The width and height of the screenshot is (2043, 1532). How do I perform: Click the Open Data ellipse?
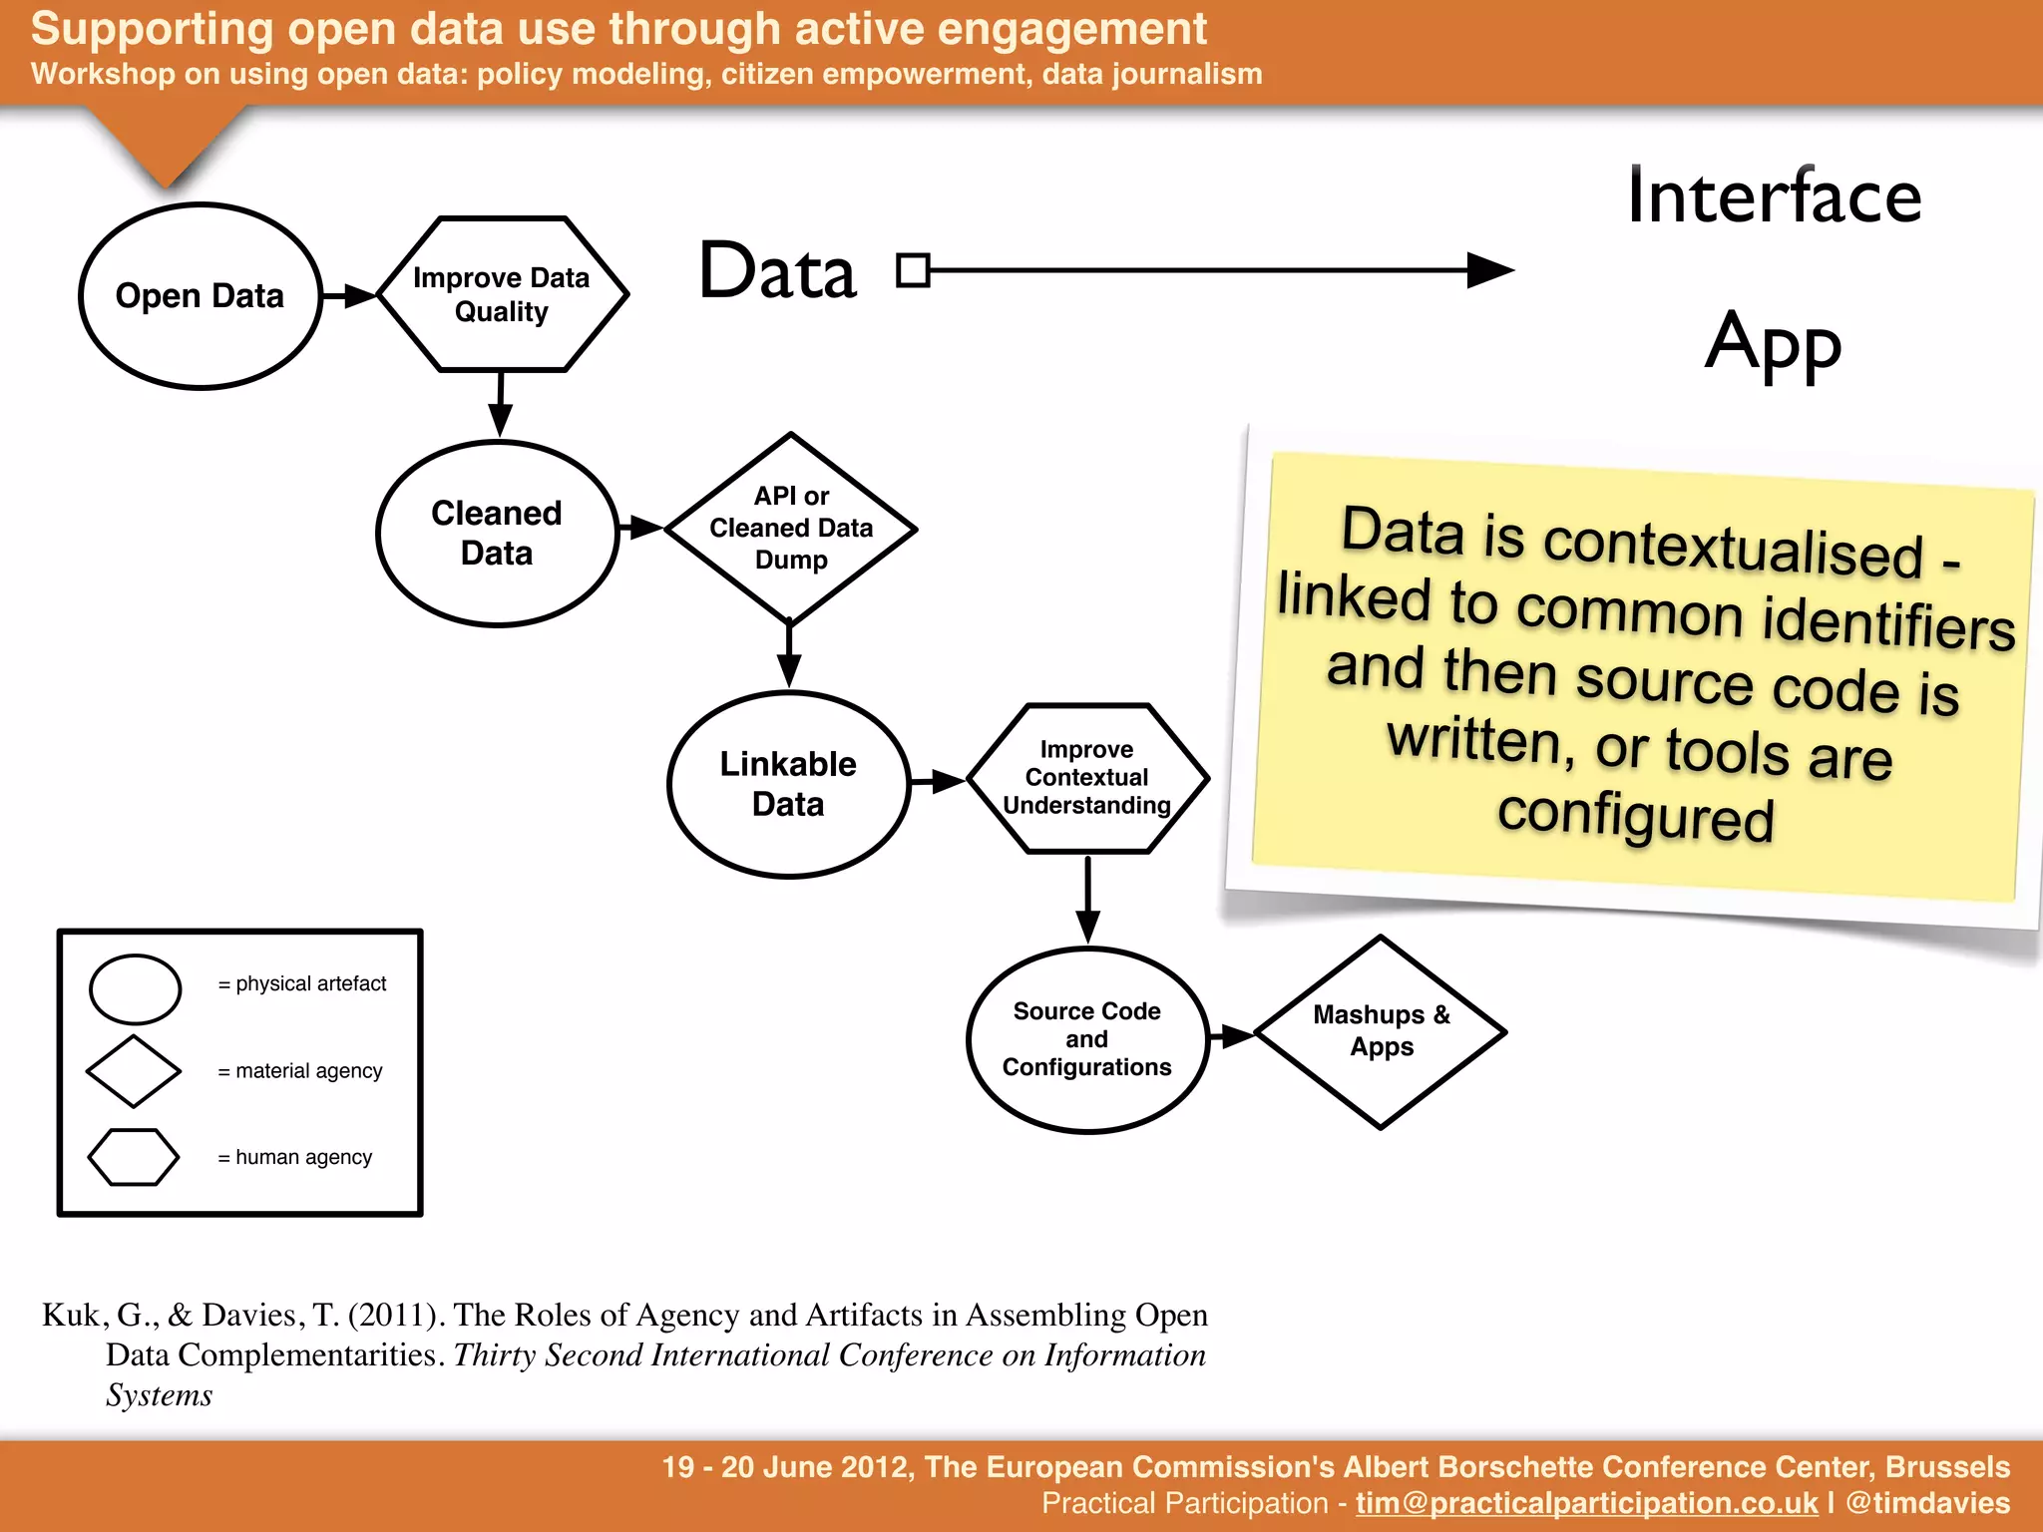[x=200, y=296]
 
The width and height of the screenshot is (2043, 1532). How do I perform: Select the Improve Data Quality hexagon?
[x=502, y=294]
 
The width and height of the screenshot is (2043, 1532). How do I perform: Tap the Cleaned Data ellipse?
[x=497, y=534]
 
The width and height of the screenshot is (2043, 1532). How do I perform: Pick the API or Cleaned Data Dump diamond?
[x=791, y=529]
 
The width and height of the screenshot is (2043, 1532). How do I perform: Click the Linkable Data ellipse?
[x=788, y=785]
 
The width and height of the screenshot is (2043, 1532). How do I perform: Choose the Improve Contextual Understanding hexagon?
[x=1087, y=778]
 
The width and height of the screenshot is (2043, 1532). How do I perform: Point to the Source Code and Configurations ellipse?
[x=1087, y=1039]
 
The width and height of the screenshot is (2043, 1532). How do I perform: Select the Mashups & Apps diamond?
[x=1382, y=1032]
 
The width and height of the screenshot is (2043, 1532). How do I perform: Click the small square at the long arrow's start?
[x=913, y=270]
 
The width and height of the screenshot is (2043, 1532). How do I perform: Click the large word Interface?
[x=1774, y=196]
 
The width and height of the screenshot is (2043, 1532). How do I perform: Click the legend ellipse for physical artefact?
[x=136, y=989]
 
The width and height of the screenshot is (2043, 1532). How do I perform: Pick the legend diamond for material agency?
[x=134, y=1071]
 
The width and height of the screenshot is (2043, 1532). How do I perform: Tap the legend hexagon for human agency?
[x=134, y=1157]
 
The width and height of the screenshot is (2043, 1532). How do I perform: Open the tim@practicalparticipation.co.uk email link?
[x=1586, y=1503]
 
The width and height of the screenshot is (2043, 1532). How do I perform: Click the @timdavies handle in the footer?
[x=1927, y=1503]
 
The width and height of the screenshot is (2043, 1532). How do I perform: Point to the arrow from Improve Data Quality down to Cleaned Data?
[x=501, y=404]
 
